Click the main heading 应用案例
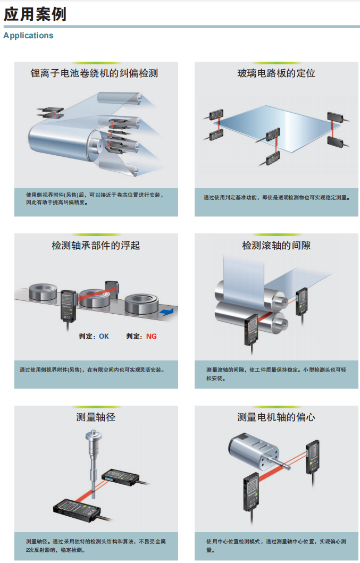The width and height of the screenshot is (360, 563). coord(35,14)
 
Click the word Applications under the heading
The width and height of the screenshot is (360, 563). coord(28,36)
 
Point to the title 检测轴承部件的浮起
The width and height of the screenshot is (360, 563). coord(96,246)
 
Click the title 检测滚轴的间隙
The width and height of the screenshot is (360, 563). coord(276,246)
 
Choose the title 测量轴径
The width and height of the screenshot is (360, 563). coord(96,417)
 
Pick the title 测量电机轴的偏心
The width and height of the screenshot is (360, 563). coord(276,417)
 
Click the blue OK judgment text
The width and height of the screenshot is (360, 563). coord(104,337)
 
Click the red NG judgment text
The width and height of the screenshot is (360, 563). coord(152,337)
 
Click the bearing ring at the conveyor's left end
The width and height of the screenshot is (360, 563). coord(43,291)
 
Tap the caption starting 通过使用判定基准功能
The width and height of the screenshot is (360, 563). coord(277,198)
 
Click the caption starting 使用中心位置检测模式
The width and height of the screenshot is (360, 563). coord(276,545)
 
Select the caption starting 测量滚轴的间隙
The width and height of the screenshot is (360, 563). coord(276,374)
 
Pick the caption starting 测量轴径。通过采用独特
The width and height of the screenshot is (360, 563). coord(96,545)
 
